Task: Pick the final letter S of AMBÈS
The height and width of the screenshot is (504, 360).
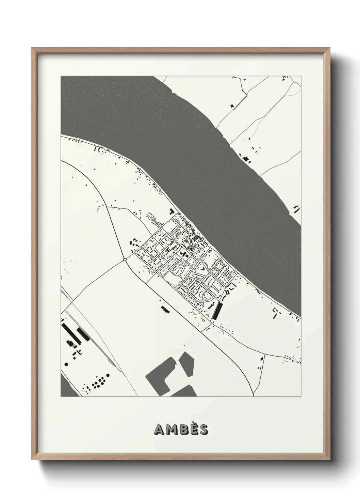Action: tap(203, 430)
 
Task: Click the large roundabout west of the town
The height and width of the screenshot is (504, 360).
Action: tap(125, 260)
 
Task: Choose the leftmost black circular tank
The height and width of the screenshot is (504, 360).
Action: tap(66, 364)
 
